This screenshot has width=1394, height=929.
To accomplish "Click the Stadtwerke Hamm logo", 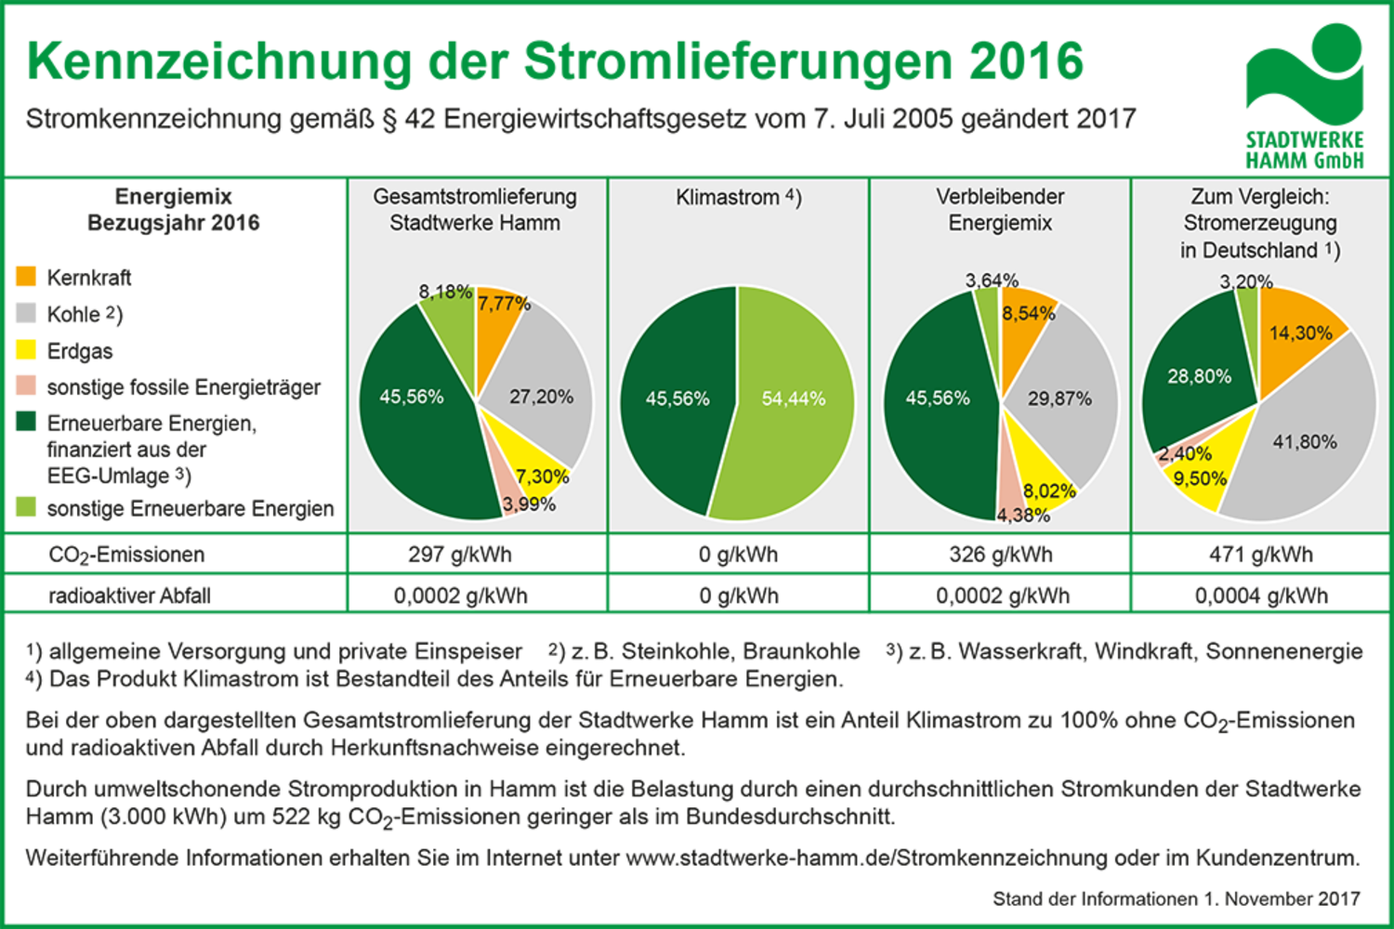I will pos(1304,95).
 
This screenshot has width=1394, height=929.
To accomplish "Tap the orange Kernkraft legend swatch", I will pos(26,276).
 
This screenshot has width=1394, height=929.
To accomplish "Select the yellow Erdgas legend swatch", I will pos(26,349).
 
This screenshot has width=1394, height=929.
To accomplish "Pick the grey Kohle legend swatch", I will pos(26,312).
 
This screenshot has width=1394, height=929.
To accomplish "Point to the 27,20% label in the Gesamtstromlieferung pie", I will pos(541,397).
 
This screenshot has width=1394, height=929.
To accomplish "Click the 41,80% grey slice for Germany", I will pos(1305,442).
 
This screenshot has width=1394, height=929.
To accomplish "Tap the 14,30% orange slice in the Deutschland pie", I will pos(1300,333).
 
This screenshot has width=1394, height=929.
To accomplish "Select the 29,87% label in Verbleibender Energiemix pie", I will pos(1059,399).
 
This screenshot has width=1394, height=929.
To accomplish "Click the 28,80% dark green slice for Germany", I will pos(1199,376).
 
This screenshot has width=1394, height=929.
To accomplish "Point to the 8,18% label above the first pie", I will pos(445,292).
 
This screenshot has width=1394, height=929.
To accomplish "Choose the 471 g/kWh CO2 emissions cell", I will pos(1260,556).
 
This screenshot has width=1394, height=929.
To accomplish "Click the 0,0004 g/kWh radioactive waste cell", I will pos(1260,595).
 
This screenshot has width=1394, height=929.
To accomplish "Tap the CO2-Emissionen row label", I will pos(127,556).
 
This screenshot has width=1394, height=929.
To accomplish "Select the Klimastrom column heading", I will pos(739,197).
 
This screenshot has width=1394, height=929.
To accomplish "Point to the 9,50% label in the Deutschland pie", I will pos(1200,478).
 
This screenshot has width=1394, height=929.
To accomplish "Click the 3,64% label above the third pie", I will pos(992,280).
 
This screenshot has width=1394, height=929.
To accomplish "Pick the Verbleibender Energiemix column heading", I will pos(1000,210).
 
